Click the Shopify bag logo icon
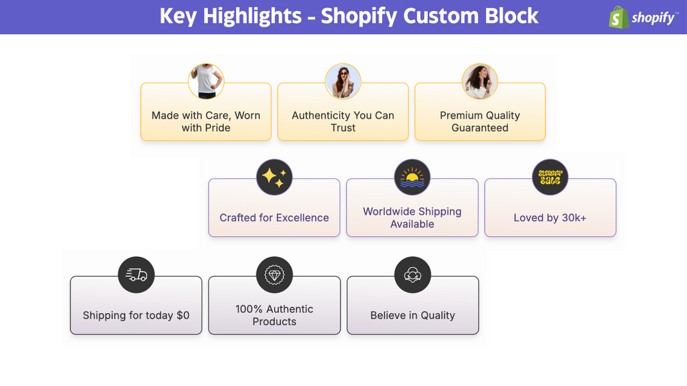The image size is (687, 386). pyautogui.click(x=618, y=17)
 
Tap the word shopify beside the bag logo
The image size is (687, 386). pyautogui.click(x=653, y=18)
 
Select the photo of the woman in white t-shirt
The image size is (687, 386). pyautogui.click(x=206, y=81)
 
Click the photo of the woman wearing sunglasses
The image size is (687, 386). pyautogui.click(x=342, y=81)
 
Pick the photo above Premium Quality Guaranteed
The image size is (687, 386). pyautogui.click(x=479, y=81)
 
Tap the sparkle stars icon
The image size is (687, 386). pyautogui.click(x=274, y=178)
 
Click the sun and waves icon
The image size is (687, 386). pyautogui.click(x=412, y=178)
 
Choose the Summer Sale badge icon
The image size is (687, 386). pyautogui.click(x=550, y=178)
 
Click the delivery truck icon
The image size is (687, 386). pyautogui.click(x=136, y=275)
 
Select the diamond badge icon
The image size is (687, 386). pyautogui.click(x=274, y=275)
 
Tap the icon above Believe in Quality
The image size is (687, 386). pyautogui.click(x=412, y=275)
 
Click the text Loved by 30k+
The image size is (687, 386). pyautogui.click(x=550, y=218)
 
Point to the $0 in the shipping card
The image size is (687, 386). pyautogui.click(x=183, y=316)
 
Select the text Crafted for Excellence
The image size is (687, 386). pyautogui.click(x=274, y=218)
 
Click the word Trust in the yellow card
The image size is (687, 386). pyautogui.click(x=343, y=128)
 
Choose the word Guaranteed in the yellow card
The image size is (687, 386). pyautogui.click(x=480, y=128)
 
